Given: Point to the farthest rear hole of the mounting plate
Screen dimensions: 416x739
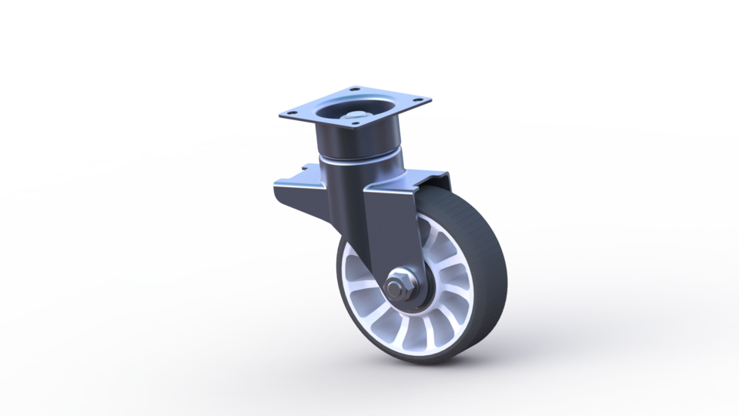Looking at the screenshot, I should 353,89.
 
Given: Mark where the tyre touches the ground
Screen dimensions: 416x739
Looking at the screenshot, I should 431,361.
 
